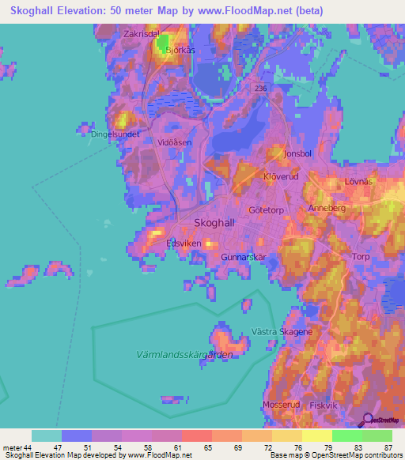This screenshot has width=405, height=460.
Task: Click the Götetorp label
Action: click(x=266, y=210)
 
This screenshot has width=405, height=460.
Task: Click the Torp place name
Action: click(x=361, y=257)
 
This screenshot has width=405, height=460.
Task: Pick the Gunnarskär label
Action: click(x=241, y=258)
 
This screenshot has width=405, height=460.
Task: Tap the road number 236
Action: click(x=261, y=89)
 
